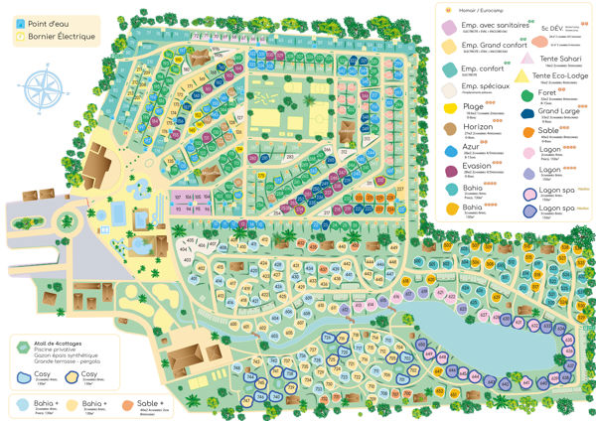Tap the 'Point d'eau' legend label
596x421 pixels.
pos(47,21)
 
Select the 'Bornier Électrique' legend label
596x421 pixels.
pos(55,37)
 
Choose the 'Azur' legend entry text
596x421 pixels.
pos(472,148)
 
